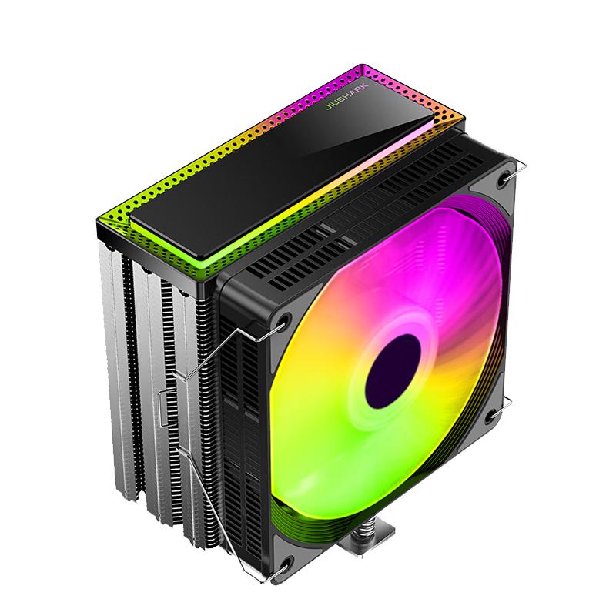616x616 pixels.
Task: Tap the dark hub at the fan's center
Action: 393,371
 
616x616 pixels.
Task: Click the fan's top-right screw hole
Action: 503,179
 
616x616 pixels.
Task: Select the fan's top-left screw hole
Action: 283,320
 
